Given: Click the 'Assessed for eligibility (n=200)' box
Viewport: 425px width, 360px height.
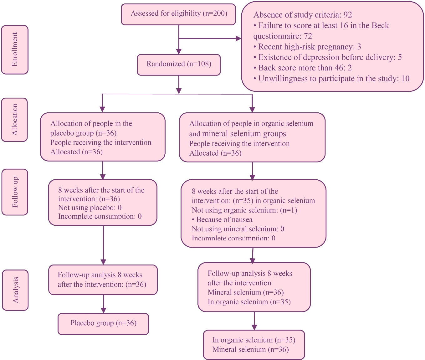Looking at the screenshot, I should tap(178, 14).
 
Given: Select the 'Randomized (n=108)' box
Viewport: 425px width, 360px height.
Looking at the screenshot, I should tap(179, 64).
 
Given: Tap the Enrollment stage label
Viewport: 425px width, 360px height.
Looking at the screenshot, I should tap(15, 49).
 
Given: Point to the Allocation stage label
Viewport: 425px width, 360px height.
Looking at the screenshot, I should tap(14, 120).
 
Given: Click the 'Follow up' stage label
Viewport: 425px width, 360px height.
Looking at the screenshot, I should tap(15, 192).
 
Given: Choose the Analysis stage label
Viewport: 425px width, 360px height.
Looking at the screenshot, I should tap(15, 290).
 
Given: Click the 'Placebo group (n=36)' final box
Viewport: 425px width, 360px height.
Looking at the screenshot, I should tap(103, 323).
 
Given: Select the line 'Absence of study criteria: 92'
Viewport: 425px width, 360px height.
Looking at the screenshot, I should tap(302, 15).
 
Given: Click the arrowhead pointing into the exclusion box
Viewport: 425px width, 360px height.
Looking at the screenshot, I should tap(238, 39).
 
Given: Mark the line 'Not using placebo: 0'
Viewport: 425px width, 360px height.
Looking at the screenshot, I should tap(90, 208).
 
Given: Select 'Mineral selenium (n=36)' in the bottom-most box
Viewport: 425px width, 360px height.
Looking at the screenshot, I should tap(250, 350).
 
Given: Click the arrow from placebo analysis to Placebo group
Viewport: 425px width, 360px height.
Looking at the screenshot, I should tap(103, 304).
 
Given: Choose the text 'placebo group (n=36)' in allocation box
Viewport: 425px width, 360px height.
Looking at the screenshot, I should tap(83, 133).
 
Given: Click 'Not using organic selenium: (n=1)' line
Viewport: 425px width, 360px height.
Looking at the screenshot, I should tap(244, 210).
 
